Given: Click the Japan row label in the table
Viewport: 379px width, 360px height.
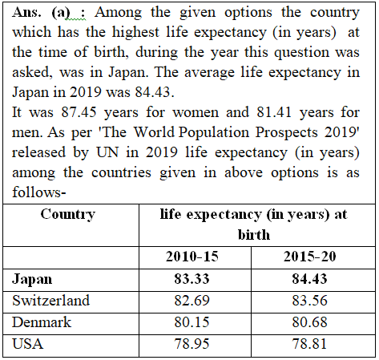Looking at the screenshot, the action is [x=32, y=280].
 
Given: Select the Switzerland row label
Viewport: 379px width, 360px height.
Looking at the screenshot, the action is [x=50, y=301].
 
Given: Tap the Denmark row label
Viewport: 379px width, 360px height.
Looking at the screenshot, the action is [x=42, y=322].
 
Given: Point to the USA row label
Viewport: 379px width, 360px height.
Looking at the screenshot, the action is [x=27, y=344].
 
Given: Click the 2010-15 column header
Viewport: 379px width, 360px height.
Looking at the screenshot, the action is [x=192, y=257].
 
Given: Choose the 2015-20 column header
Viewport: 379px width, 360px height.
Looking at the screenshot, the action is [x=310, y=257].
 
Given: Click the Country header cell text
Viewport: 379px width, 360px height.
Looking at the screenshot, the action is [x=68, y=215].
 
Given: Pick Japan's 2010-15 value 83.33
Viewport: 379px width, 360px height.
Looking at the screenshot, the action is [x=192, y=279].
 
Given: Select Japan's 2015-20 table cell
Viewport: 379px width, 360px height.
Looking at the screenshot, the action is [x=310, y=279].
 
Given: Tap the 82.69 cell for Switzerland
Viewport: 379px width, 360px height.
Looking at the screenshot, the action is [x=192, y=301].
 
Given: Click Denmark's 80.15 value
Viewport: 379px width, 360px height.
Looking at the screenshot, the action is [x=192, y=322].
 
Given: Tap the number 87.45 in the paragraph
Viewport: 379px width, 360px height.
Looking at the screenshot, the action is [x=79, y=112].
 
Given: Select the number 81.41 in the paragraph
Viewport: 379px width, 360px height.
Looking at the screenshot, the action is [x=274, y=112].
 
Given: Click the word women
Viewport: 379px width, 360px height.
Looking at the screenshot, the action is [x=196, y=112].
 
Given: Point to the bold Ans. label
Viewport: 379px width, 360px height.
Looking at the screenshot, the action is [x=26, y=12].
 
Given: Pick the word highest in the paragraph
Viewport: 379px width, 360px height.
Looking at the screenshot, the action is [x=135, y=33].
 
